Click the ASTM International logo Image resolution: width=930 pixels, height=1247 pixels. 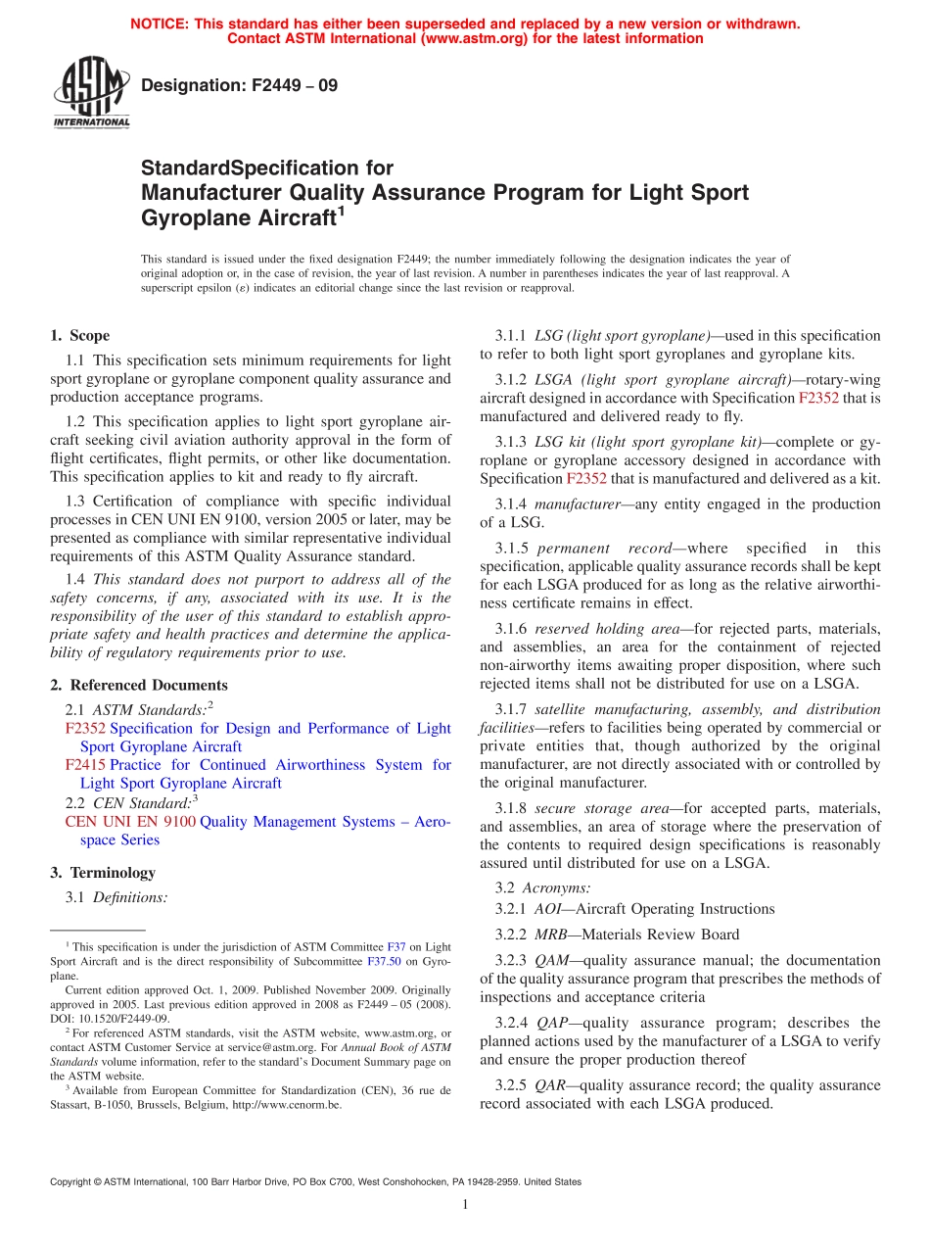(x=91, y=94)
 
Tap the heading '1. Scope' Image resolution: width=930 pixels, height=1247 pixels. (x=80, y=335)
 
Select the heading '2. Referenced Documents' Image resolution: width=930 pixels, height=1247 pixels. (x=139, y=685)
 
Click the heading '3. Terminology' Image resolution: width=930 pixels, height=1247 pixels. (x=103, y=872)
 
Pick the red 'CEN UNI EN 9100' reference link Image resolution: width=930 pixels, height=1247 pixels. (x=130, y=822)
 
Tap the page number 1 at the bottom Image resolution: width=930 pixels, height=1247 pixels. (x=465, y=1205)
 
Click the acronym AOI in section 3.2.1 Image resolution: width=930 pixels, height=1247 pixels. (x=548, y=909)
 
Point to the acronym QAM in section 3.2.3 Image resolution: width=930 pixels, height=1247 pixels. (x=551, y=960)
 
